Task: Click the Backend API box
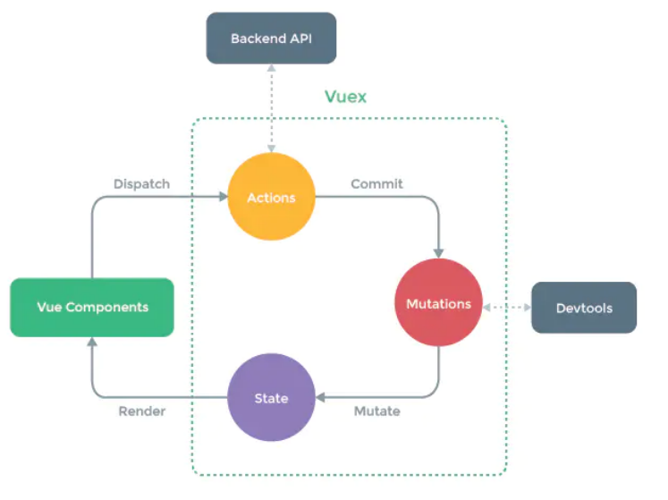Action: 271,38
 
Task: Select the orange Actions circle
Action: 271,198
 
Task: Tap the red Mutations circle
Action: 438,304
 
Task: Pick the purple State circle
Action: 271,397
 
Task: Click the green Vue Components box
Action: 92,307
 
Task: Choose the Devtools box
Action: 584,308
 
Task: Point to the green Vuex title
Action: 345,97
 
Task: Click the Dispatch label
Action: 141,184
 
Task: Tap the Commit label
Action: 376,184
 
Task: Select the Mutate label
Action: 376,411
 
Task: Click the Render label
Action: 142,411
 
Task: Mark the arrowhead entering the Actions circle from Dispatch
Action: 223,198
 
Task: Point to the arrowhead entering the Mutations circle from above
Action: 438,254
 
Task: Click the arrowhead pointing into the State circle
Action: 321,397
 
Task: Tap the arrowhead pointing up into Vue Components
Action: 92,342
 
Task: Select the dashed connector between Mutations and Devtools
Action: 507,307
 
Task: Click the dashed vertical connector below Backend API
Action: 271,107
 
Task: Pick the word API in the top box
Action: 300,38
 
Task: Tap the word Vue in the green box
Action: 48,307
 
